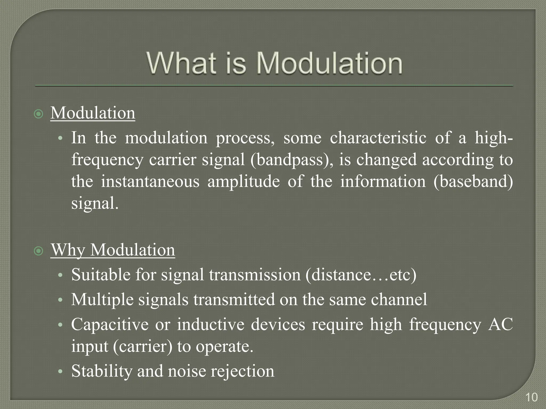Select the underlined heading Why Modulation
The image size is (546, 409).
pos(113,250)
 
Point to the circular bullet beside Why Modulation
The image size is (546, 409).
pos(39,251)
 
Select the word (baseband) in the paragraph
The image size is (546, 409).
pos(473,182)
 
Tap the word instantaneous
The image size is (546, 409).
pos(150,182)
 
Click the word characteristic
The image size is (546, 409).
pos(378,138)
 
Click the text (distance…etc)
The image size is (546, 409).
pos(361,275)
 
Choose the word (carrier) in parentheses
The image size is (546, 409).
pos(143,346)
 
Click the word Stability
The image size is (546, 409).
pos(102,371)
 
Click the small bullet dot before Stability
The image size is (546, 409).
pos(61,371)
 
